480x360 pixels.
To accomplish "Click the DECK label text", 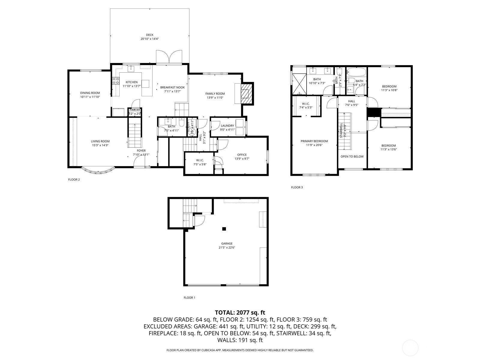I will pyautogui.click(x=150, y=35).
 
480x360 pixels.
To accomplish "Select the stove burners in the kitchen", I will pyautogui.click(x=115, y=81).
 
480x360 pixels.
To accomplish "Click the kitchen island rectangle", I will pyautogui.click(x=145, y=83).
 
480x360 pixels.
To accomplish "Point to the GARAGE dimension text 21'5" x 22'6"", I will pyautogui.click(x=227, y=248).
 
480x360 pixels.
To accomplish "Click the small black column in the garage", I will pyautogui.click(x=224, y=229).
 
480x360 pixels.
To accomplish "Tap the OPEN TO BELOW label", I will pyautogui.click(x=352, y=157).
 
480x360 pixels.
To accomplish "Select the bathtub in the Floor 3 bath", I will pyautogui.click(x=356, y=72).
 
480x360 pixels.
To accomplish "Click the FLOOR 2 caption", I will pyautogui.click(x=74, y=180).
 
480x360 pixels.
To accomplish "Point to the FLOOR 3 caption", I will pyautogui.click(x=297, y=187).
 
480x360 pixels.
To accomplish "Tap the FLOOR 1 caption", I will pyautogui.click(x=189, y=298).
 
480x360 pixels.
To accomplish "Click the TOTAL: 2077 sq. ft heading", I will pyautogui.click(x=240, y=313).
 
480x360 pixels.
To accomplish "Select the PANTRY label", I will pyautogui.click(x=134, y=110).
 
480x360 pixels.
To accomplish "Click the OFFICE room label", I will pyautogui.click(x=242, y=155).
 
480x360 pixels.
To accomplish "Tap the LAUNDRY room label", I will pyautogui.click(x=227, y=126).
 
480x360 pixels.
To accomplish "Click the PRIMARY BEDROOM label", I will pyautogui.click(x=314, y=141).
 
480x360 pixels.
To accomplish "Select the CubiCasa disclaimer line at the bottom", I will pyautogui.click(x=240, y=350).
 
